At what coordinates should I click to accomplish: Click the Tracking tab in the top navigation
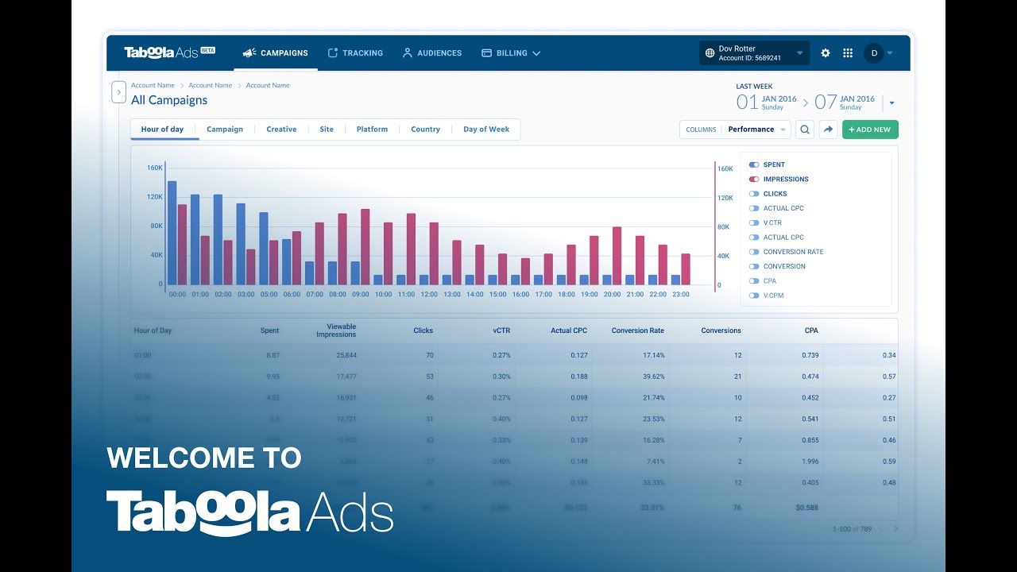click(355, 53)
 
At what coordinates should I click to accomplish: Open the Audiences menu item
click(431, 53)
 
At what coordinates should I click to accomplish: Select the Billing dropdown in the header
click(511, 53)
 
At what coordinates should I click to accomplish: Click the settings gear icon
click(826, 53)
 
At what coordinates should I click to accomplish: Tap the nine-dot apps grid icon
click(848, 53)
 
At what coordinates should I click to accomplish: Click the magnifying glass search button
click(805, 129)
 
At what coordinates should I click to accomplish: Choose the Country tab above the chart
click(425, 129)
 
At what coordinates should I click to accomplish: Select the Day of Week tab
click(485, 129)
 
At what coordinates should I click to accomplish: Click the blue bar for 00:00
click(172, 233)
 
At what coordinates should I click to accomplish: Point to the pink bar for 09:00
click(365, 247)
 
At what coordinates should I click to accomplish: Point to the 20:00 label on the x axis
click(612, 294)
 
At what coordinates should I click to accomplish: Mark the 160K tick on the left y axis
click(154, 168)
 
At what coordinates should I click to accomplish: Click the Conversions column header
click(721, 330)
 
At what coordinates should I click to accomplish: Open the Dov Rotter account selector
click(754, 53)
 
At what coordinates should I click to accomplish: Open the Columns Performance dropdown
click(735, 129)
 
